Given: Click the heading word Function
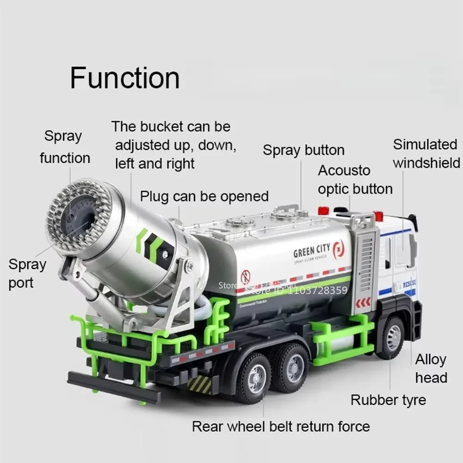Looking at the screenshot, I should pos(125,78).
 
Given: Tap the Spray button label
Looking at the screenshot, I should pos(303,150).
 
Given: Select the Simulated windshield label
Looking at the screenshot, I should pos(426,153).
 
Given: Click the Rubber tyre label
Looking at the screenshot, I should pos(388,399).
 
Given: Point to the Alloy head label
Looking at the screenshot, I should pos(431,369).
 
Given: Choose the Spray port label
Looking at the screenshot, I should pos(27,274).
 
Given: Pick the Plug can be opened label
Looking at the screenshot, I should pos(204,196).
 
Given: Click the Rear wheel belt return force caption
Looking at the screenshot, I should pos(281,426).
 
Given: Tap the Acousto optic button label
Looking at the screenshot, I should pos(355,180).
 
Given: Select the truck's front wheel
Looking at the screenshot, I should pos(392,337).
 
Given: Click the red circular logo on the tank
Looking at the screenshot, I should pos(338,249).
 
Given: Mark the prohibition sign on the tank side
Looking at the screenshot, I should pos(245,277).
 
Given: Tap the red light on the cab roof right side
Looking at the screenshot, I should pos(379,216).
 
